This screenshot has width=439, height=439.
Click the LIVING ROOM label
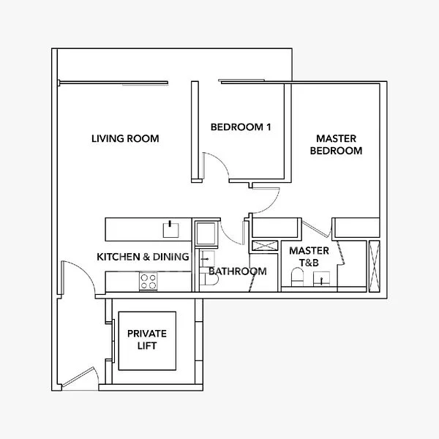tap(125, 139)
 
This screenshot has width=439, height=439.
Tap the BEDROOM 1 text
tap(241, 127)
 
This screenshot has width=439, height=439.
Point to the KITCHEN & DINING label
tap(143, 257)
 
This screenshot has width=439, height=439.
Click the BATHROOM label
tap(237, 271)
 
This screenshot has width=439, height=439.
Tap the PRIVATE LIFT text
tap(146, 339)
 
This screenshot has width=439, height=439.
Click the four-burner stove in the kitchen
tap(149, 281)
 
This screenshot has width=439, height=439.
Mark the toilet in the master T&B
tap(297, 278)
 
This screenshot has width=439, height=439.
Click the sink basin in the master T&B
tap(321, 279)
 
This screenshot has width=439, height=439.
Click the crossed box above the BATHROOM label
tap(263, 247)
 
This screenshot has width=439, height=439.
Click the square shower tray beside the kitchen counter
tap(206, 233)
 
